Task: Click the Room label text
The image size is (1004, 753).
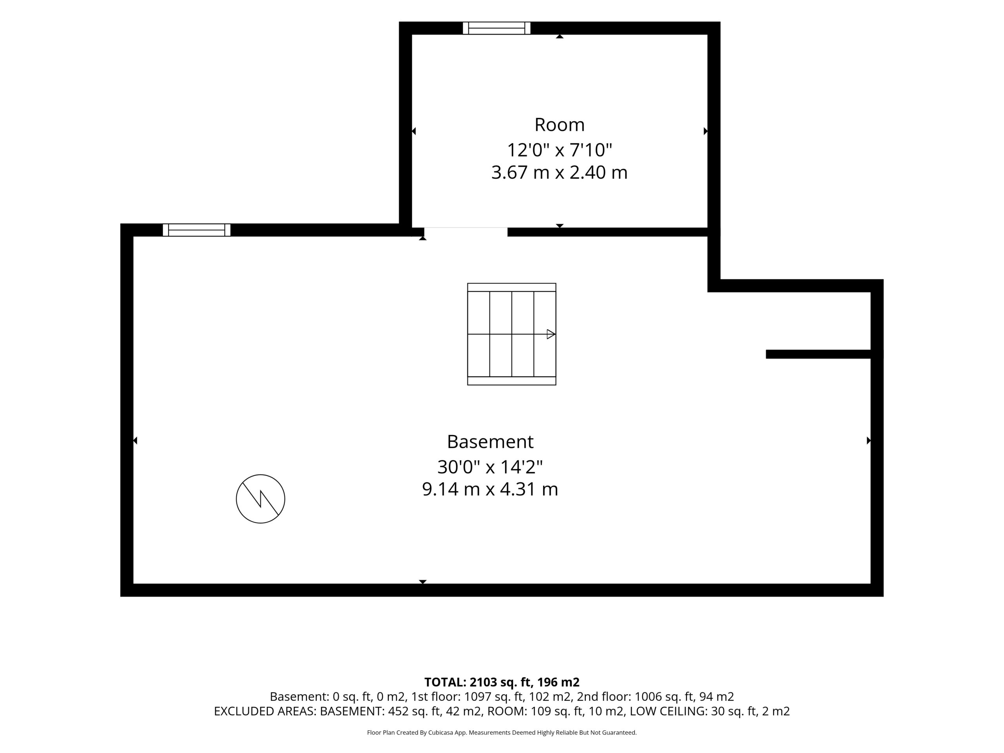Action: tap(559, 125)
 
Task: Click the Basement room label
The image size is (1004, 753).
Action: tap(490, 442)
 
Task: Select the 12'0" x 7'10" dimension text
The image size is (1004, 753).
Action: tap(559, 150)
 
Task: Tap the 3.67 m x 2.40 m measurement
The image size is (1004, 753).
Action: tap(559, 173)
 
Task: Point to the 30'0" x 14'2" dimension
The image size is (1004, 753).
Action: tap(490, 467)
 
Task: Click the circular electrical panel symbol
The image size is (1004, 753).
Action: tap(260, 499)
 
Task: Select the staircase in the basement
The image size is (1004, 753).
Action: tap(511, 334)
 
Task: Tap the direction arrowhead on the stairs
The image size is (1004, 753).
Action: tap(551, 334)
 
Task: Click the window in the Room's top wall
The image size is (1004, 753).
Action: tap(497, 28)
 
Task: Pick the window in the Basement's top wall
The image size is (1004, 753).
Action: tap(196, 230)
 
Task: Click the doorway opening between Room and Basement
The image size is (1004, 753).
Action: tap(466, 232)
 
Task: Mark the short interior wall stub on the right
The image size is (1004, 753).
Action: tap(818, 354)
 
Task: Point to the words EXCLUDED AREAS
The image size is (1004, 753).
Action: tap(265, 711)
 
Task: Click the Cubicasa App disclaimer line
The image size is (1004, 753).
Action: tap(502, 733)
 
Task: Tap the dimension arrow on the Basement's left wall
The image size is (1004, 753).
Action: tap(135, 440)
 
